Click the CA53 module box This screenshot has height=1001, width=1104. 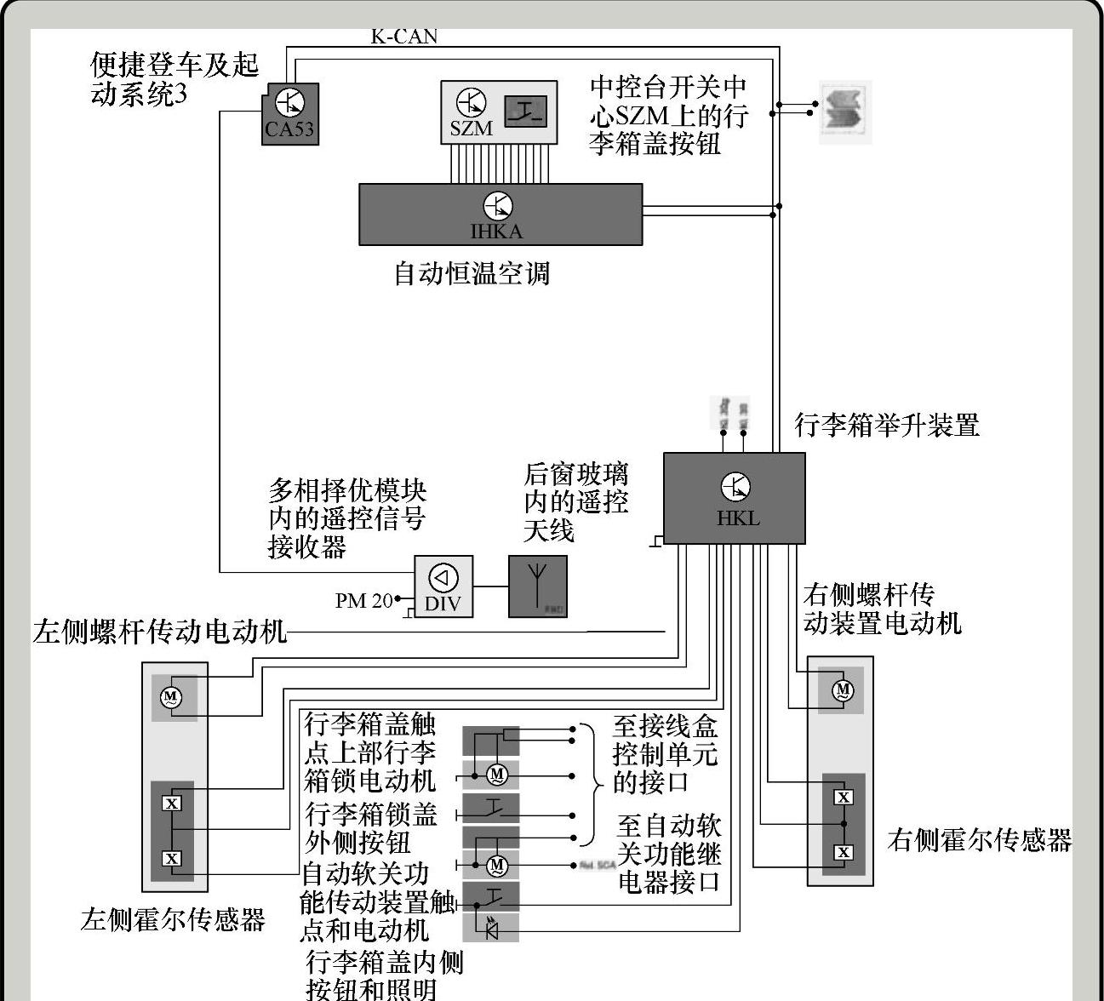(290, 114)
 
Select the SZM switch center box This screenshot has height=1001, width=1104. (499, 112)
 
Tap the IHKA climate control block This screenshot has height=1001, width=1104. (500, 214)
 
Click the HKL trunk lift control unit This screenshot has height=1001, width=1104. (734, 498)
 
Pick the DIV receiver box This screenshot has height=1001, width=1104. (443, 586)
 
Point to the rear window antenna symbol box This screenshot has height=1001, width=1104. (537, 586)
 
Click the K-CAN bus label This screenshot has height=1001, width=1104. (404, 37)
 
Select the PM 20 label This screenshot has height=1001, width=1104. (363, 601)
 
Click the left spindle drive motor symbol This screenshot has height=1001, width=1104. (170, 698)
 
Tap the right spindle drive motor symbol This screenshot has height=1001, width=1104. (842, 689)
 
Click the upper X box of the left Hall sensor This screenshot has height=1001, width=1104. (172, 803)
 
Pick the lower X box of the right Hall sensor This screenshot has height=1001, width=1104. (843, 852)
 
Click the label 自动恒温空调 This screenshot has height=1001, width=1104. (472, 274)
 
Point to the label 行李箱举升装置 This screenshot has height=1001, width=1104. (887, 425)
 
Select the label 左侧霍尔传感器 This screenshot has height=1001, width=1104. (173, 919)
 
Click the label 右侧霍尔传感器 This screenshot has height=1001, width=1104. (979, 840)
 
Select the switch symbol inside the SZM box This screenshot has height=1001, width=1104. (524, 111)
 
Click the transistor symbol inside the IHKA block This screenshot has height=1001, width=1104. (498, 206)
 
